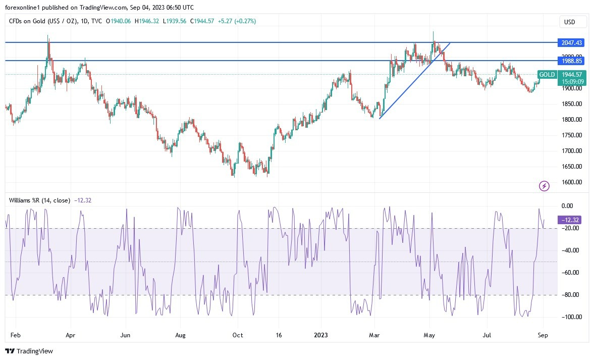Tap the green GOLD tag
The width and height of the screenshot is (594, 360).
tap(547, 75)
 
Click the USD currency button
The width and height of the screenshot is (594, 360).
tap(573, 22)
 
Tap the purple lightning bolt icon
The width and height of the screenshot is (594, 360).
tap(545, 186)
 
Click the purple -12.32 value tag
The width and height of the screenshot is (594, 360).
tap(571, 220)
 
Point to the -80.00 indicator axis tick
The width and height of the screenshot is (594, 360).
tap(570, 295)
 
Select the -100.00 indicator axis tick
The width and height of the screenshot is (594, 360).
tap(570, 317)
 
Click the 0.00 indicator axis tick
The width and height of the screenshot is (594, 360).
tap(567, 206)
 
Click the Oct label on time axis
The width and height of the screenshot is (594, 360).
tap(238, 335)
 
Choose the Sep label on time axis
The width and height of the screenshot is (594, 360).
tap(543, 335)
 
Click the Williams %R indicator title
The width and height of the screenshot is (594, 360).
tap(39, 200)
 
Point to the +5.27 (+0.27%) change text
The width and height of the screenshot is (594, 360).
tap(237, 21)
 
